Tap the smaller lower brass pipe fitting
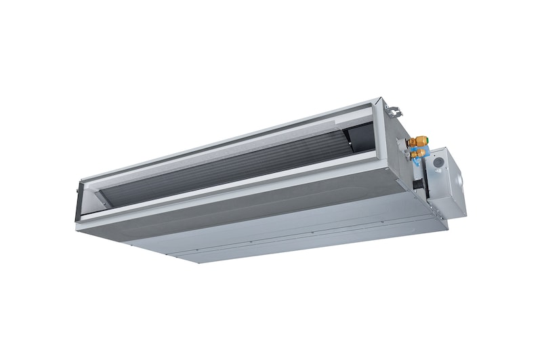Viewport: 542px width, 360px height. pos(419,155)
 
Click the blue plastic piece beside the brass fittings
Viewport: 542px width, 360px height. pos(412,154)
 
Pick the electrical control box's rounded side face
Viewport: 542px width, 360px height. pos(460,183)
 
